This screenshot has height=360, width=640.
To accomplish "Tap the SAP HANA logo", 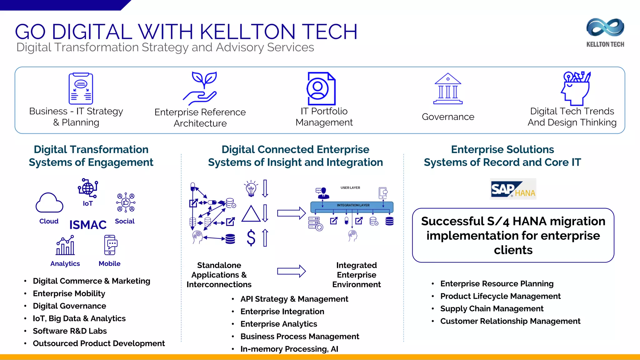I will [x=513, y=189].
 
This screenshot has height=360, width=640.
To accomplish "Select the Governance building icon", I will [x=448, y=89].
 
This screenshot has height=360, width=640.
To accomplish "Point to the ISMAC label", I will [x=88, y=225].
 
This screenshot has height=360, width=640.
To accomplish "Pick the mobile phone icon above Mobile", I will [x=110, y=245].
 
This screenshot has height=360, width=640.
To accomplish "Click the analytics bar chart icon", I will [x=65, y=246].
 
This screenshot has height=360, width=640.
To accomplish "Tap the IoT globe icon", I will [x=88, y=188].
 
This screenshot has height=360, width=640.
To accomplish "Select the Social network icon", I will [x=126, y=202].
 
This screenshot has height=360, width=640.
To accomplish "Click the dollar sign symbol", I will [x=251, y=238].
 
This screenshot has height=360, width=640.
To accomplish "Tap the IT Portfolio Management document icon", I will [x=321, y=89].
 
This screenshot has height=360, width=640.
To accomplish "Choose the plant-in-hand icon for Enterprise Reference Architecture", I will [x=200, y=88].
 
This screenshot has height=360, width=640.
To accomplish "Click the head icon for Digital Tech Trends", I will [x=576, y=89].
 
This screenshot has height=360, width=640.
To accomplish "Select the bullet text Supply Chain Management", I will [x=492, y=309].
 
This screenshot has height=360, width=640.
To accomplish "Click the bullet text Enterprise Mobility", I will [x=69, y=294].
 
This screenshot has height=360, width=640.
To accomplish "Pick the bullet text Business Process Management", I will [x=300, y=337].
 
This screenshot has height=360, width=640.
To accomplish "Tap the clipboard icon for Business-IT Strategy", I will [x=81, y=88].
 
